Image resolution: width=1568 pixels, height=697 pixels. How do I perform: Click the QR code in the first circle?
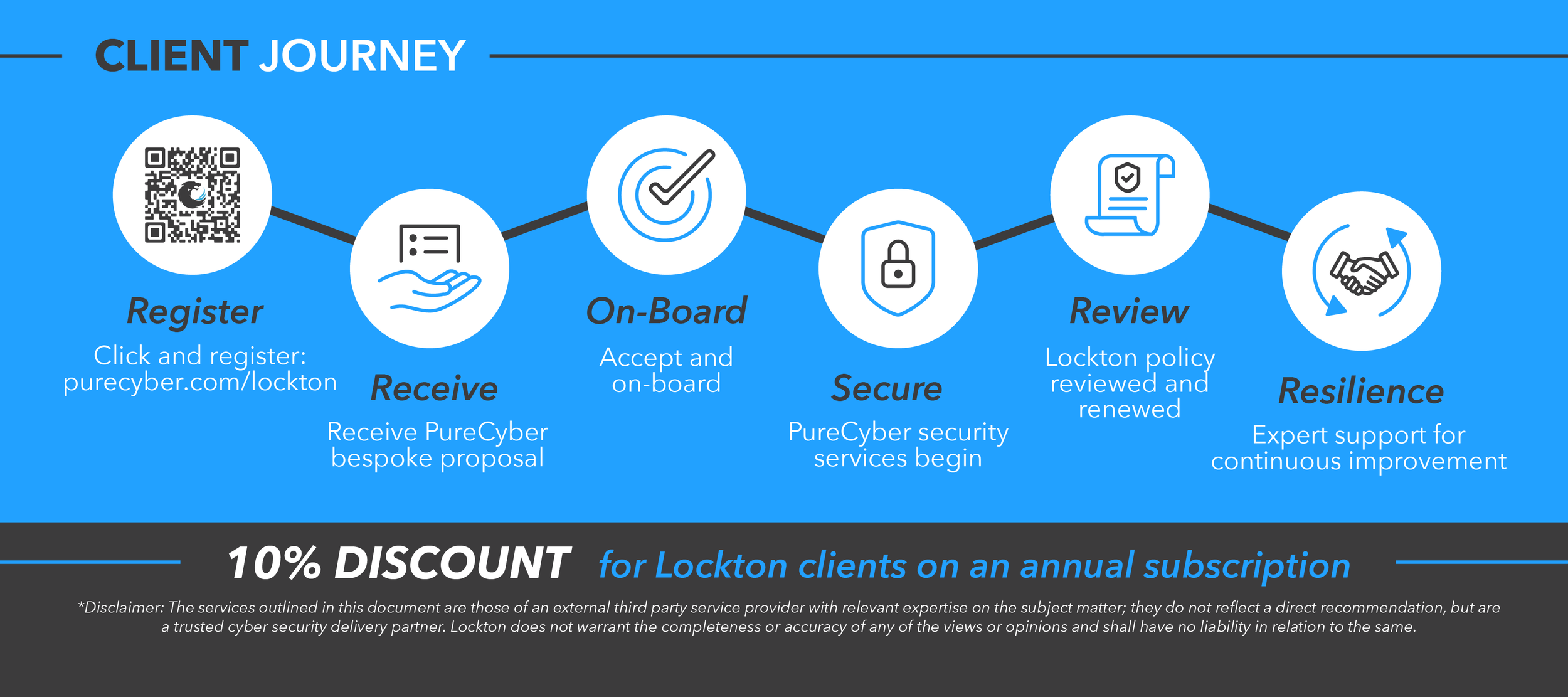[192, 195]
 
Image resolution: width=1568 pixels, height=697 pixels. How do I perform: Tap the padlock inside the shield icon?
[898, 265]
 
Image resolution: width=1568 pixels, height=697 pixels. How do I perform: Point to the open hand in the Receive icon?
[429, 290]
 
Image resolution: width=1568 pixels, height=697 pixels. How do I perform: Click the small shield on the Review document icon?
[1127, 177]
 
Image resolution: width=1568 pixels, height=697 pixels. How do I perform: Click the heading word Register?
[195, 312]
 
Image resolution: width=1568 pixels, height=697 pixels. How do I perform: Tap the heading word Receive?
[434, 388]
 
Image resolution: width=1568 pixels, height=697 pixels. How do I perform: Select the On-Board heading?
[666, 311]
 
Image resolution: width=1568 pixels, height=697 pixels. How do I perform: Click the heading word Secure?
[887, 388]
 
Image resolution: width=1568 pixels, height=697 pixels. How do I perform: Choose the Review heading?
[1129, 311]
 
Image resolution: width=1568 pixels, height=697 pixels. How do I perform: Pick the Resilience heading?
[1361, 391]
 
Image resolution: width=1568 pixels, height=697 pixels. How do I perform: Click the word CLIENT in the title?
[171, 56]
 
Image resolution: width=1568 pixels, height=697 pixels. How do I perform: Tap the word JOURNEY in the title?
[362, 56]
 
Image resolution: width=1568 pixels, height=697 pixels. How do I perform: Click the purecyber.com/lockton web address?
[200, 382]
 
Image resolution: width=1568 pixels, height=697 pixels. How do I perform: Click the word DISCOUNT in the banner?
[452, 563]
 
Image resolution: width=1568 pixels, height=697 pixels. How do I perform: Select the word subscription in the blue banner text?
[1247, 566]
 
